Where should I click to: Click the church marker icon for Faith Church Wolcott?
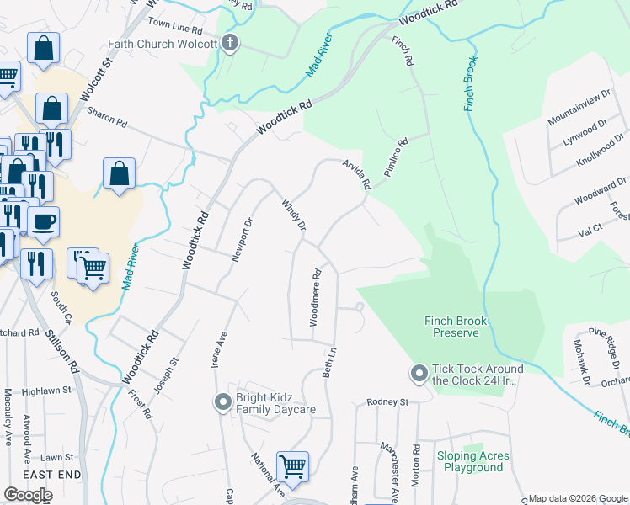coord(230,44)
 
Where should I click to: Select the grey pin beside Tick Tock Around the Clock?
coord(418,371)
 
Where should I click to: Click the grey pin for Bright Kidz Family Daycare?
coord(222,401)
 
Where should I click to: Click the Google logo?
coord(28,495)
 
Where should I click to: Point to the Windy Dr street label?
coord(293,215)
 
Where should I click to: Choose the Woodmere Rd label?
coord(317,297)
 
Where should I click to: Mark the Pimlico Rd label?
coord(396,157)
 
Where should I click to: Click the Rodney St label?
coord(387,402)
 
